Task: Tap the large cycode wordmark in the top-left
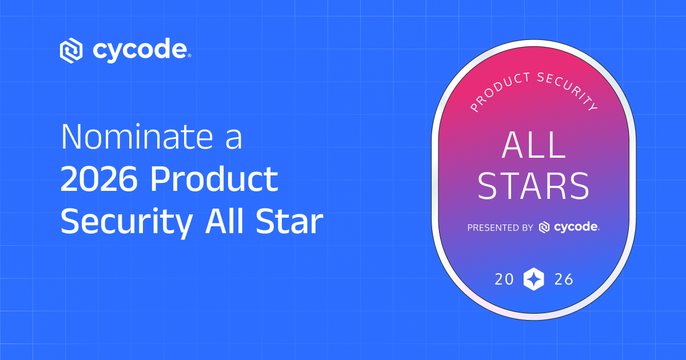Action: tap(139, 50)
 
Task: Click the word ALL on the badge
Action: tap(533, 147)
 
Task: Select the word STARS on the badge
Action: tap(533, 186)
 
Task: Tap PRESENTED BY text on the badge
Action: tap(500, 227)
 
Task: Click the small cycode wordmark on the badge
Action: tap(576, 227)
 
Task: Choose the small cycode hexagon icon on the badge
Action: tap(544, 227)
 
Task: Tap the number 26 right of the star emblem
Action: tap(563, 280)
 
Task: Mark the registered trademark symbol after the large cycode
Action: tap(189, 56)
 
